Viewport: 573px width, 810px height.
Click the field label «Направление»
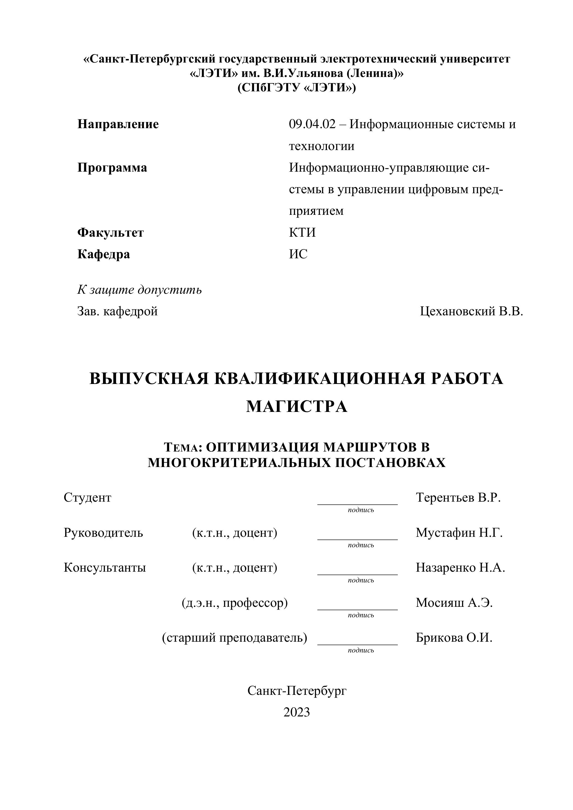[118, 124]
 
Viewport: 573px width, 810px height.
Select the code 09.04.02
[312, 124]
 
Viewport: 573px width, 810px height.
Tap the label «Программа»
[112, 167]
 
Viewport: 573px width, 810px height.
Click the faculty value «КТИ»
[302, 233]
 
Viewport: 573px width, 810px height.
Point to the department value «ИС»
[298, 254]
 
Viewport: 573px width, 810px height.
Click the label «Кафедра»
[103, 254]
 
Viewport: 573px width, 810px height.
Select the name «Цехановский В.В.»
[471, 311]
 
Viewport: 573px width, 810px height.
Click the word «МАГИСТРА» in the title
[296, 406]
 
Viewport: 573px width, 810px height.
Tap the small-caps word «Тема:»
[183, 447]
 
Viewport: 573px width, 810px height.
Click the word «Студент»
[87, 497]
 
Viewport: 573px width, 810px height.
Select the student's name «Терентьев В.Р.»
[458, 497]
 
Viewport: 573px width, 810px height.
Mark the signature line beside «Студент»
[357, 504]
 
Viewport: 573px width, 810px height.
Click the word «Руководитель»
[103, 532]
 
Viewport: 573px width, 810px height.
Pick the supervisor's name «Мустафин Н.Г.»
[459, 532]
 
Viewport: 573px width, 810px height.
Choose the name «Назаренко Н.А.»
[460, 567]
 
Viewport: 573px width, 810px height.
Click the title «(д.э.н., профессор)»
[235, 603]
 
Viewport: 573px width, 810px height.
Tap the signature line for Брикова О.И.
[357, 644]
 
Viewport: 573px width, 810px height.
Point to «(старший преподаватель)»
[234, 638]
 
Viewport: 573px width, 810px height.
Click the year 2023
[296, 712]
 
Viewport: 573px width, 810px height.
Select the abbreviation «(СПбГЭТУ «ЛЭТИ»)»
[296, 87]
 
